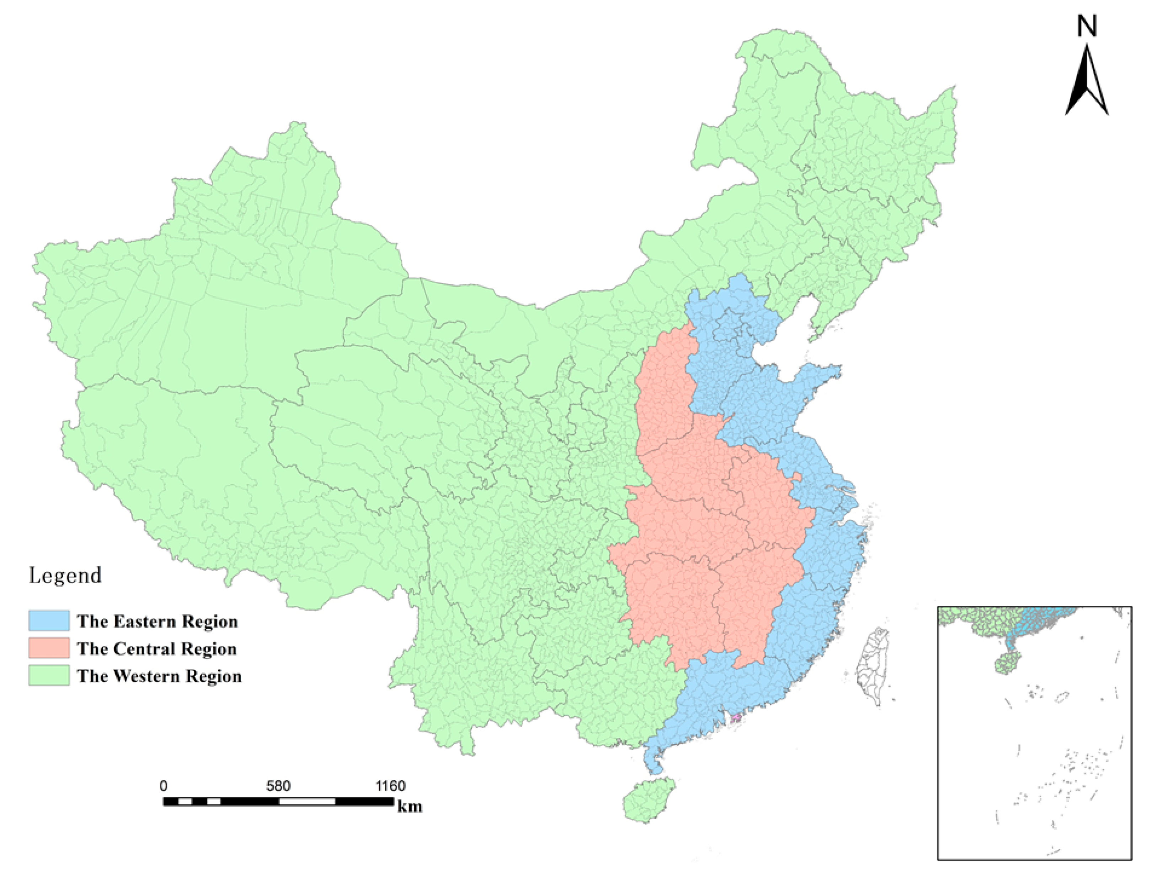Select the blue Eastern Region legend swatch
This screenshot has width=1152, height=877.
49,621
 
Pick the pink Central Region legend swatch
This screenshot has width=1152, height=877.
49,648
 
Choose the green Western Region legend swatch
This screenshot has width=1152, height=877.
49,676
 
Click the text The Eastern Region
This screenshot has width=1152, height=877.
157,621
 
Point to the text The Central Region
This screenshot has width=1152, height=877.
157,649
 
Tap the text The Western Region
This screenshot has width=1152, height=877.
159,676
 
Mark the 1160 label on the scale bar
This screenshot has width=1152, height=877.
391,786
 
